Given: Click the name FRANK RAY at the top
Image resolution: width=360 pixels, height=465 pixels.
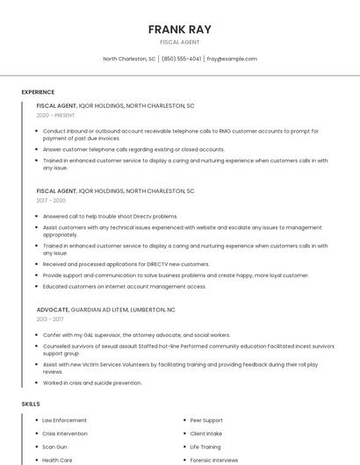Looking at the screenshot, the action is click(180, 29).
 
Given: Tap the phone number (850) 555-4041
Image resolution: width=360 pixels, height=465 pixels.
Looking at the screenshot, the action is click(181, 59).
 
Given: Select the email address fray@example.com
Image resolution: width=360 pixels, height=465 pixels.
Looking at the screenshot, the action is click(232, 59).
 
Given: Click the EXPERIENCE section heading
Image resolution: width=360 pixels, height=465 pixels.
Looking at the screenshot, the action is click(38, 92).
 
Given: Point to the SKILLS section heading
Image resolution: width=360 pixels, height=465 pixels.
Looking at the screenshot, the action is click(31, 404).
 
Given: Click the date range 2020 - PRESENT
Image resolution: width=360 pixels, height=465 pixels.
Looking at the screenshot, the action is click(55, 115).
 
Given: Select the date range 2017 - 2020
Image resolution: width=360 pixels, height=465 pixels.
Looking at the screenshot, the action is click(51, 200).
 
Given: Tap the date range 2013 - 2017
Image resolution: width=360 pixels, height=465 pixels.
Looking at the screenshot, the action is click(49, 319).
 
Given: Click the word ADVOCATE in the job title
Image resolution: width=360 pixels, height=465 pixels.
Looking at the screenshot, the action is click(51, 310).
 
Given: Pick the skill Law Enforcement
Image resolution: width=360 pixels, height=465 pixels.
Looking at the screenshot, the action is click(64, 420).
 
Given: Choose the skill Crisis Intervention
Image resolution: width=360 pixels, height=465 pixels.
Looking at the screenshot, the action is click(65, 433).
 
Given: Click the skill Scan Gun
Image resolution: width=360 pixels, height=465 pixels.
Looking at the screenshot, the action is click(54, 447).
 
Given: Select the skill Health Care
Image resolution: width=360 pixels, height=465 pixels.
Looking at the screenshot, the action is click(57, 460).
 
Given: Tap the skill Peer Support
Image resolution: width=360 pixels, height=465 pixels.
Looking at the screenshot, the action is click(206, 420).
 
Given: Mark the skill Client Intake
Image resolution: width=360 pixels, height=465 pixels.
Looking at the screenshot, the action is click(206, 433).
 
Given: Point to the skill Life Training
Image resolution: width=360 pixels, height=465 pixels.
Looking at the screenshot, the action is click(205, 447).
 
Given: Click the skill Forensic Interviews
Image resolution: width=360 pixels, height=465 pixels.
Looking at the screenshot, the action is click(213, 460).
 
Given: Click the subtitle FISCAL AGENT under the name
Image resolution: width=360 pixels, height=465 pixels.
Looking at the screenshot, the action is click(180, 42).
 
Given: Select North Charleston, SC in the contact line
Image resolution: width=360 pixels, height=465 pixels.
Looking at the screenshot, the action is click(129, 59).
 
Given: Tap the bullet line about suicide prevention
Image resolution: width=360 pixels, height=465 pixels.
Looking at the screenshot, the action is click(92, 383).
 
